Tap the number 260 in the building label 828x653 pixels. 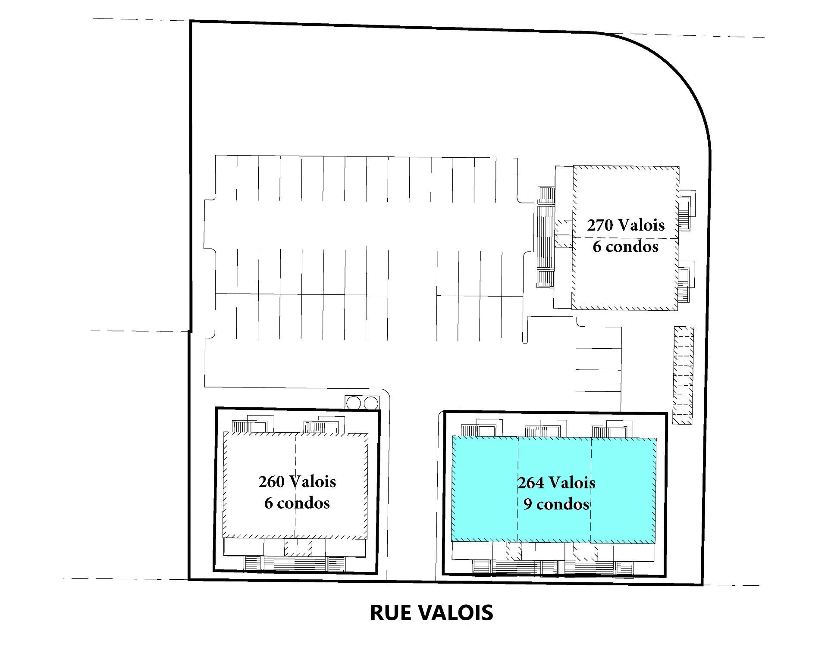tap(271, 481)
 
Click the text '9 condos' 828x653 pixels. tap(556, 504)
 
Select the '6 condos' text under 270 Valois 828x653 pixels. tap(625, 247)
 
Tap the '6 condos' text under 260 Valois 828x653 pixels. tap(297, 503)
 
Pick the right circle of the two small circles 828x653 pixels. tap(371, 403)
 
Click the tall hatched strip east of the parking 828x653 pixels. tap(684, 375)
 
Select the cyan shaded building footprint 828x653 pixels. tap(554, 489)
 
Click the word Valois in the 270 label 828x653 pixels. tap(641, 225)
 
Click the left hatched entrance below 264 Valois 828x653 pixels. tap(514, 550)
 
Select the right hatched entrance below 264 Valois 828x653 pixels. tap(585, 551)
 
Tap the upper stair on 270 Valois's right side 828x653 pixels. tap(685, 213)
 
